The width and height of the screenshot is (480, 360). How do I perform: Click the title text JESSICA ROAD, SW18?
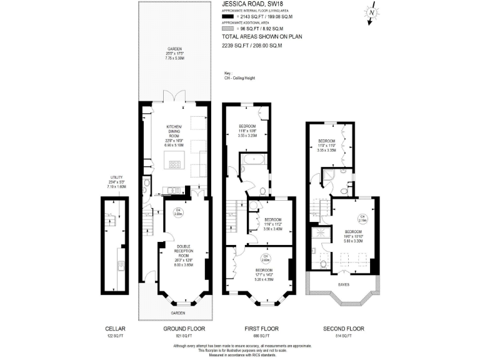[x=251, y=4]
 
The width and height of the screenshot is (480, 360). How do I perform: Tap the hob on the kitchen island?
[x=175, y=165]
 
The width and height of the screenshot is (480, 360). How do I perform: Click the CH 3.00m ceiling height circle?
[x=177, y=212]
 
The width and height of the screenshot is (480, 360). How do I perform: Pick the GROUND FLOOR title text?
[x=184, y=328]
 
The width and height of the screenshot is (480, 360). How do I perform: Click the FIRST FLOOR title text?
[x=262, y=328]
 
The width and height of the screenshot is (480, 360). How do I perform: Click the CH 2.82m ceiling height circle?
[x=265, y=257]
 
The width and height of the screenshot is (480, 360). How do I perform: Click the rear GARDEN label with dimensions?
[x=174, y=53]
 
